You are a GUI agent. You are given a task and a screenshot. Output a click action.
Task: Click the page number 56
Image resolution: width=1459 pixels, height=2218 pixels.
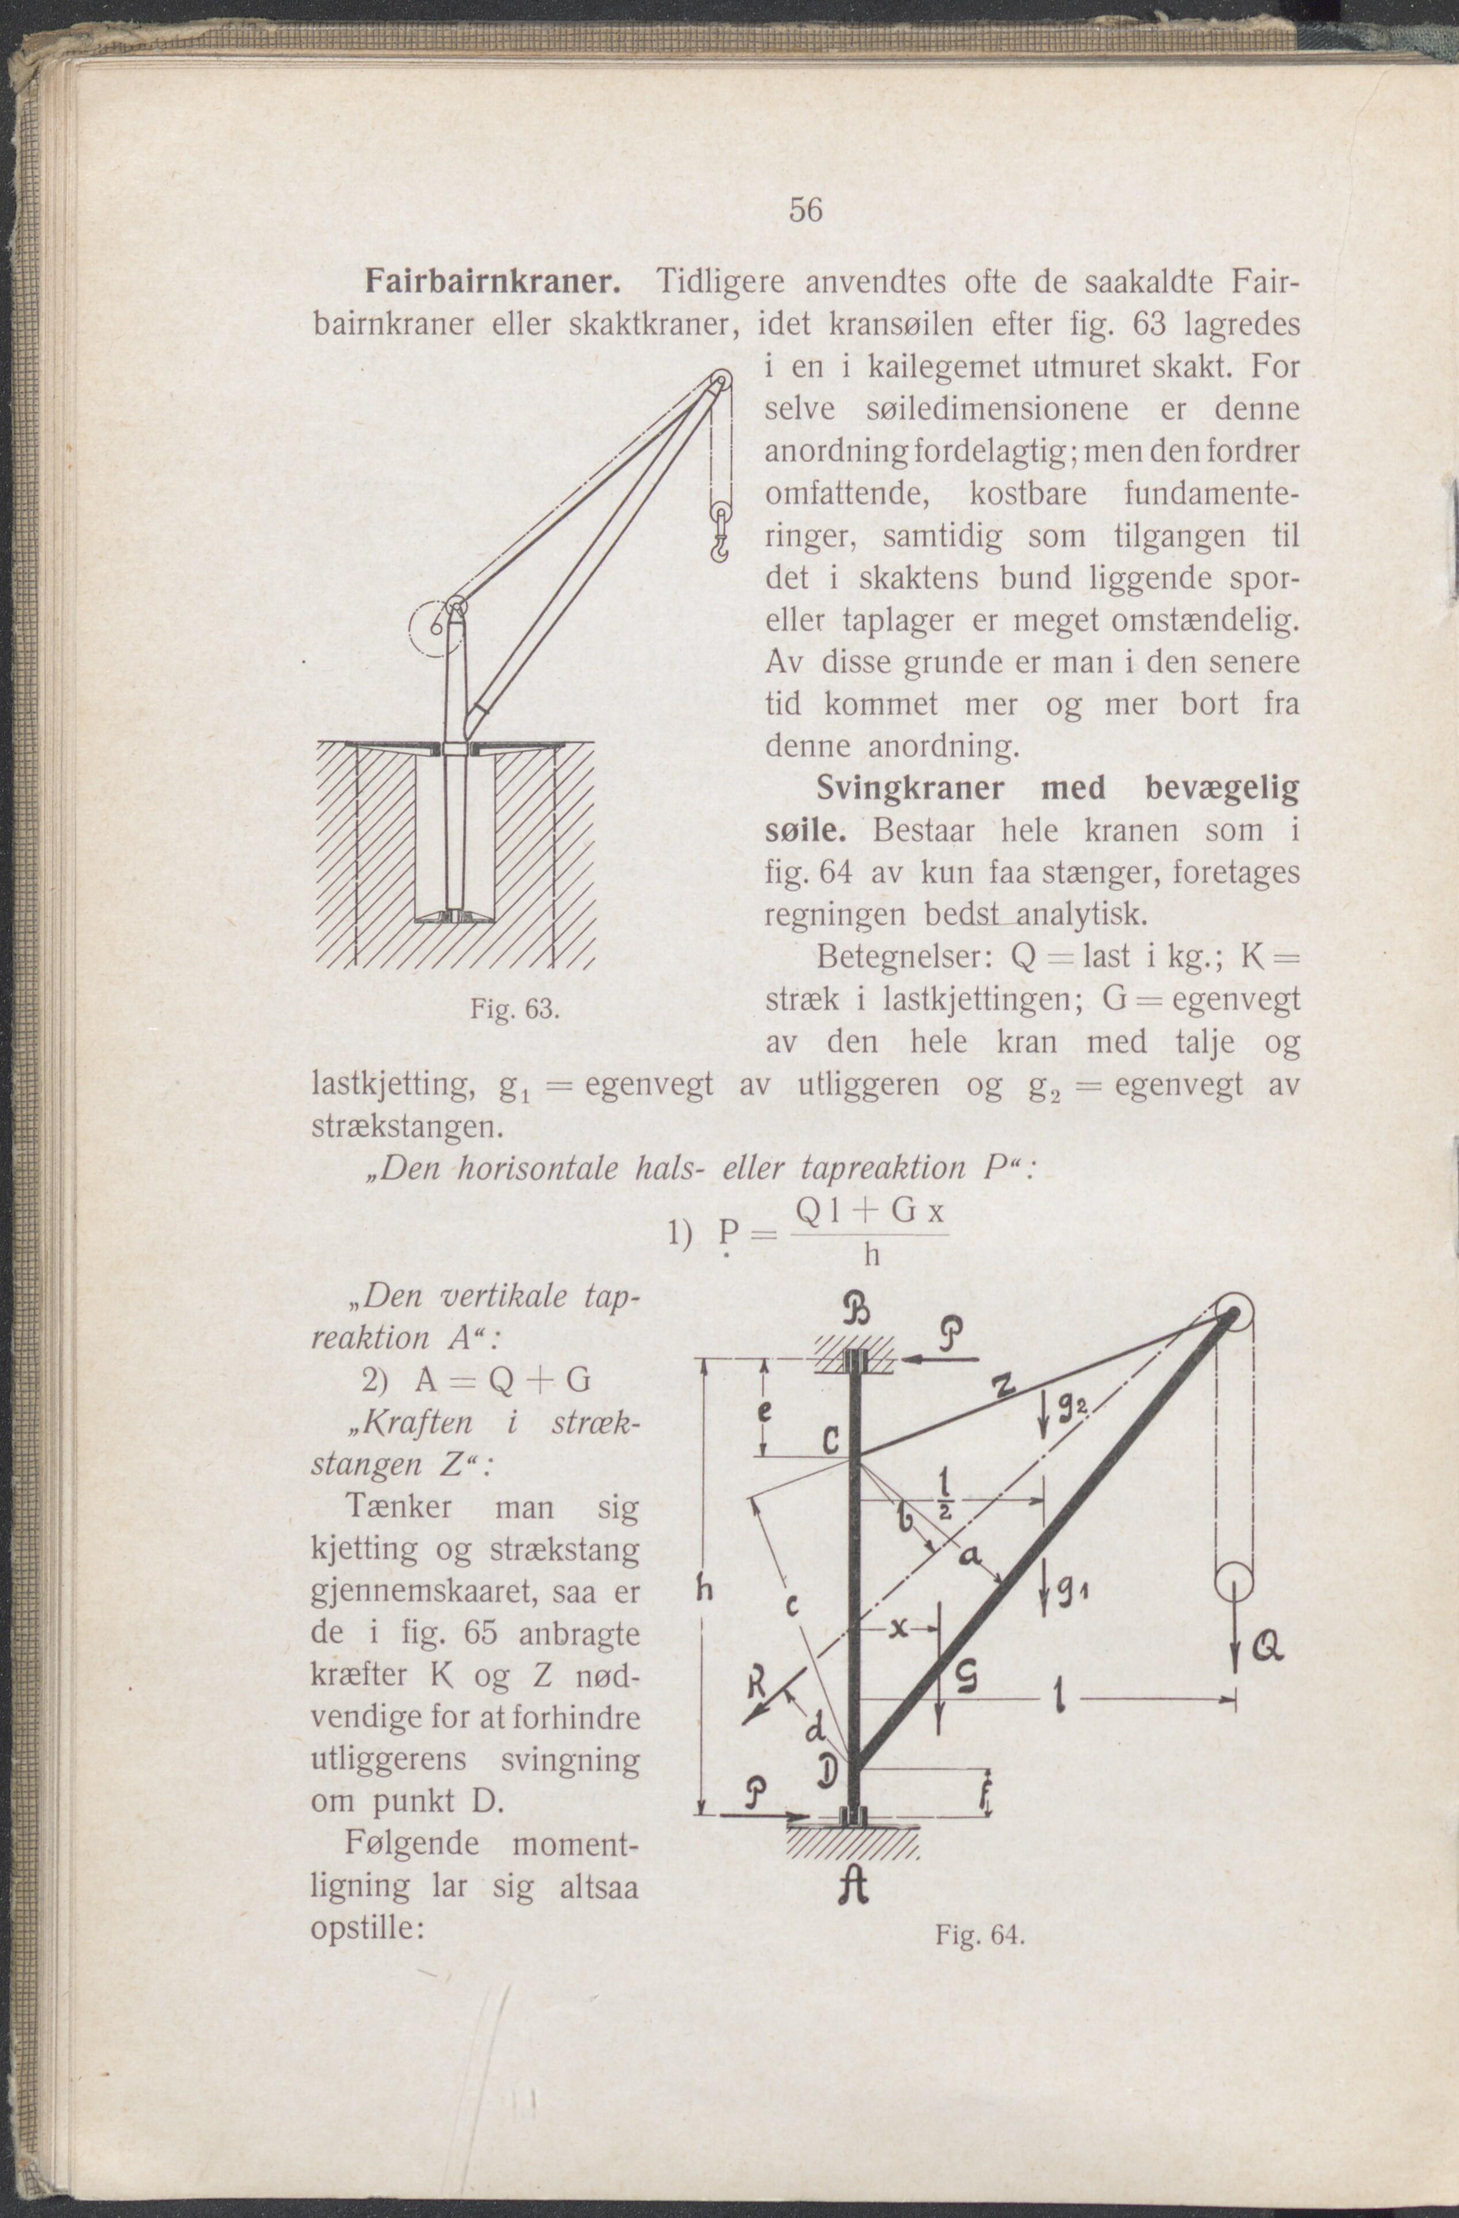806,210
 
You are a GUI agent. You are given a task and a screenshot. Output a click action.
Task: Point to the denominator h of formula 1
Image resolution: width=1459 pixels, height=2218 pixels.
871,1257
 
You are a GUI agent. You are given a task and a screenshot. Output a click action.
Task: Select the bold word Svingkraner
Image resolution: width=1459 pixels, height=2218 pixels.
911,788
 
